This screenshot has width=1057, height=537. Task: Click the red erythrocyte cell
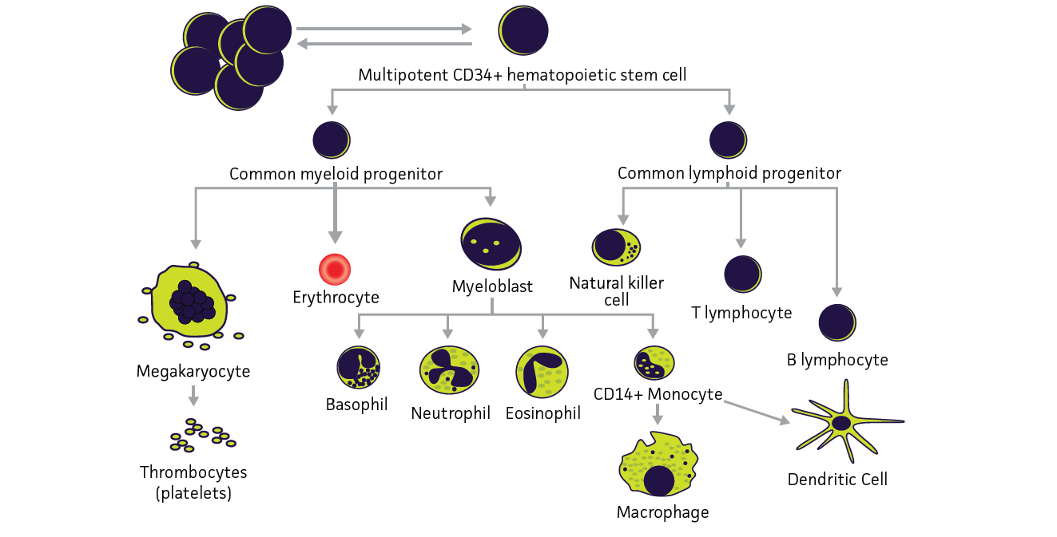(335, 270)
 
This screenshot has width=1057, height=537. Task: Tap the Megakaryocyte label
(193, 371)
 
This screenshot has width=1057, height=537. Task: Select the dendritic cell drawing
(842, 424)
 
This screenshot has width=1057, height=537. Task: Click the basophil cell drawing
(357, 368)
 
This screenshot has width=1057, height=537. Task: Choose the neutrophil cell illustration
(449, 370)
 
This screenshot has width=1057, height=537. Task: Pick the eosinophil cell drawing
(542, 371)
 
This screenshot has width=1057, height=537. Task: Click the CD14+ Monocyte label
(658, 394)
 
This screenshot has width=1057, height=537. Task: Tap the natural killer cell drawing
(616, 247)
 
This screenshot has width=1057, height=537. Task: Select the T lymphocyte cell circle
(742, 274)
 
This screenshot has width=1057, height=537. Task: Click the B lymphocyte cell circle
(837, 322)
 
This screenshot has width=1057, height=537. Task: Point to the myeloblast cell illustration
(491, 243)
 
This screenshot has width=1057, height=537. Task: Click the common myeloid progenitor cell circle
(332, 140)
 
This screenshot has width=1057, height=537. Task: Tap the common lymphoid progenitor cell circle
(729, 140)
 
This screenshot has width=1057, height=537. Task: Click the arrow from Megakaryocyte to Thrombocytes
(193, 396)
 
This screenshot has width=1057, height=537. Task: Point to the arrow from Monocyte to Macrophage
(657, 414)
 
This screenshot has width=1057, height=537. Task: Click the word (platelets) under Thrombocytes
(193, 493)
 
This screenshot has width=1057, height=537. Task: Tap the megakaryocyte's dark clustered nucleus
(192, 300)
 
